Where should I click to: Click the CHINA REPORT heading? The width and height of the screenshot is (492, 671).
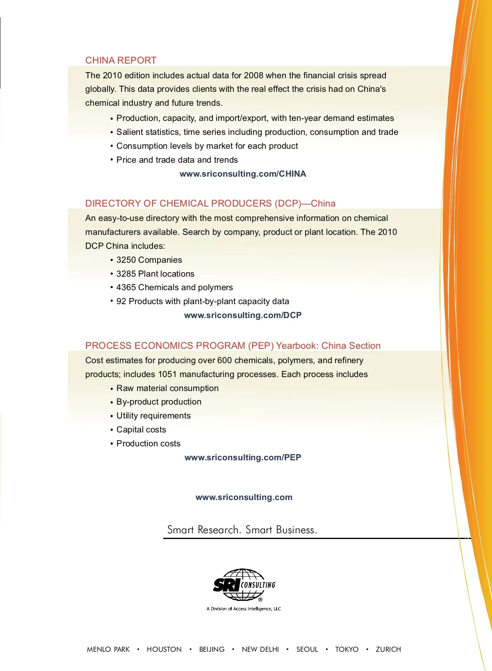pyautogui.click(x=121, y=60)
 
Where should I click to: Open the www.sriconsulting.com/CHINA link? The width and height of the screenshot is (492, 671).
pyautogui.click(x=243, y=174)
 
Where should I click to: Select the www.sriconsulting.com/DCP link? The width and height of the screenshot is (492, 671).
pyautogui.click(x=243, y=315)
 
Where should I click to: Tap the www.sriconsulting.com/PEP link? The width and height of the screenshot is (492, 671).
pyautogui.click(x=243, y=457)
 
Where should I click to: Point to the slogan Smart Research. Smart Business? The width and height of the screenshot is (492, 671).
pyautogui.click(x=242, y=530)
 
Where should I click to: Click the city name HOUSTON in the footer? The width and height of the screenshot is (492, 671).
pyautogui.click(x=164, y=649)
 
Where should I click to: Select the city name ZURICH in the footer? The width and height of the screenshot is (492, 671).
pyautogui.click(x=388, y=649)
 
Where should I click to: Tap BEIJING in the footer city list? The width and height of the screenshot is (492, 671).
pyautogui.click(x=212, y=649)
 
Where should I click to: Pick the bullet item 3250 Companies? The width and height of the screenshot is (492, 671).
pyautogui.click(x=149, y=260)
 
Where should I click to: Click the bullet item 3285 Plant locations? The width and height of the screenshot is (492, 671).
pyautogui.click(x=155, y=274)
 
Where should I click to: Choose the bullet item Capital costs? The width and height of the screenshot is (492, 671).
pyautogui.click(x=141, y=430)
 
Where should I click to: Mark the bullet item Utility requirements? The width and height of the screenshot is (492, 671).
pyautogui.click(x=153, y=416)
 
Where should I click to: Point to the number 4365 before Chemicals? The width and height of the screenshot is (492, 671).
pyautogui.click(x=126, y=287)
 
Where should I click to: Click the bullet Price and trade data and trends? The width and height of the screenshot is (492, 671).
pyautogui.click(x=177, y=160)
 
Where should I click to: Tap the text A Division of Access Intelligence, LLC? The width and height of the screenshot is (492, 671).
pyautogui.click(x=244, y=609)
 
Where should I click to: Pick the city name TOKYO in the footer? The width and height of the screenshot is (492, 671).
pyautogui.click(x=346, y=649)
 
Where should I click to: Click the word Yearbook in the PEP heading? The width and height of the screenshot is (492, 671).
pyautogui.click(x=297, y=346)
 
